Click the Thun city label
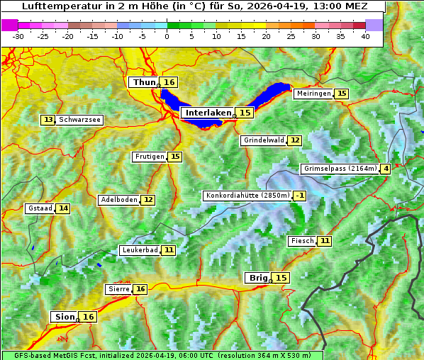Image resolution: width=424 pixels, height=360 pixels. tap(144, 83)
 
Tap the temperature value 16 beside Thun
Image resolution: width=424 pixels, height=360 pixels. tap(169, 83)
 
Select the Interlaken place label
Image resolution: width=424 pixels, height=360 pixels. tap(208, 113)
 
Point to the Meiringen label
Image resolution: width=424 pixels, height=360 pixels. tap(313, 94)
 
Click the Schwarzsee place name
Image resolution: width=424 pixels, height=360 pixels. tap(80, 120)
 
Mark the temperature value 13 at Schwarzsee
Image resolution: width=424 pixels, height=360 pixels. tap(48, 120)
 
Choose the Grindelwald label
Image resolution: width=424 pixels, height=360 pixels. tap(264, 140)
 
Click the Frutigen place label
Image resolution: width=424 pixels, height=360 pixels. tap(150, 157)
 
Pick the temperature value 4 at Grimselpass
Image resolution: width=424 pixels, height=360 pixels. tap(385, 169)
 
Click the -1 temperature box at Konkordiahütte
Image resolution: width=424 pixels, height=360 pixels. tap(300, 196)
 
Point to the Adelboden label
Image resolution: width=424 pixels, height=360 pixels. tap(118, 200)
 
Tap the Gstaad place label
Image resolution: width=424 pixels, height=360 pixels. tap(40, 208)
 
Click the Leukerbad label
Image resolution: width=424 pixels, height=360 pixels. tap(138, 250)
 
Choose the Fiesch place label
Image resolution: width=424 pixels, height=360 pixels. tap(302, 241)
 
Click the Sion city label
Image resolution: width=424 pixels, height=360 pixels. tap(63, 317)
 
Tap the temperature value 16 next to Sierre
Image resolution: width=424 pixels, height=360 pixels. tap(140, 289)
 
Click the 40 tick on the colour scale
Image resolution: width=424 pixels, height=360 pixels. tap(365, 36)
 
